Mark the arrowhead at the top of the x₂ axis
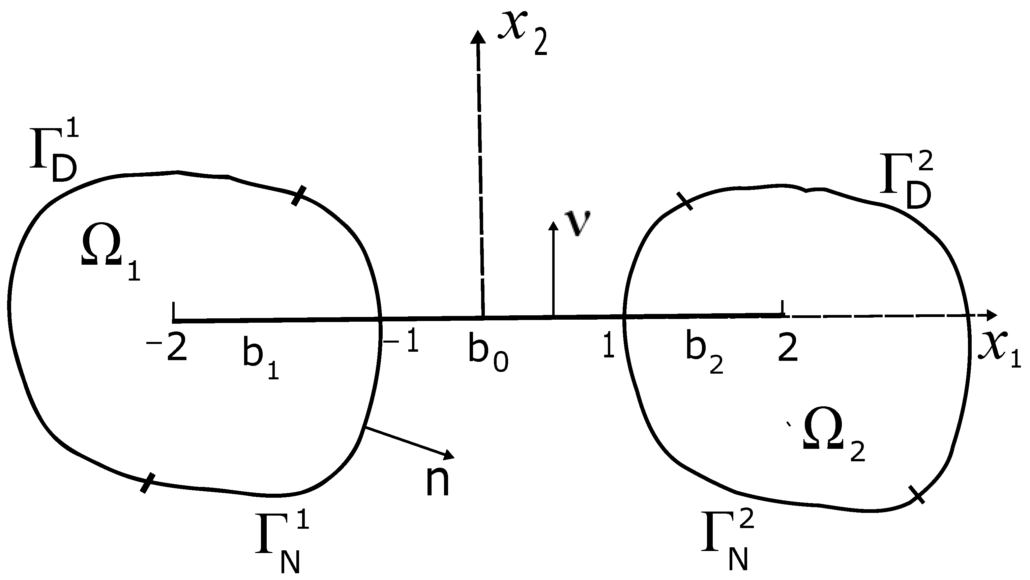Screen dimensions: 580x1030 tap(476, 37)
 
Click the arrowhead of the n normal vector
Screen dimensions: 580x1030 tap(449, 455)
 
